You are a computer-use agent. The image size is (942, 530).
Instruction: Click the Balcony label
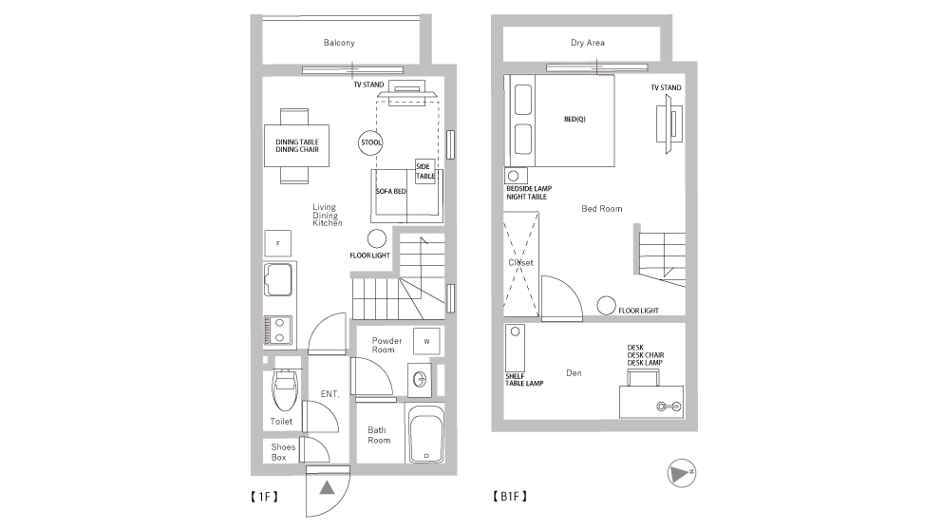click(x=339, y=43)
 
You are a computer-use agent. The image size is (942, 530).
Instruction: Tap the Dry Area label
click(x=588, y=43)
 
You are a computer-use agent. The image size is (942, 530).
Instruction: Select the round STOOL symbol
click(x=370, y=142)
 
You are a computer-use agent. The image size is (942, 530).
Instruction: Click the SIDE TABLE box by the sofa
click(x=424, y=171)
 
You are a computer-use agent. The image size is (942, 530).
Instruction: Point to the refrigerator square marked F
click(x=278, y=243)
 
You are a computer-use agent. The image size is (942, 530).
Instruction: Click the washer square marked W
click(x=426, y=341)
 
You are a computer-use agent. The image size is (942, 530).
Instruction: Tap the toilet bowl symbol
click(x=284, y=389)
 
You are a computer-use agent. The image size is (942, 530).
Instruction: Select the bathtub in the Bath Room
click(x=426, y=434)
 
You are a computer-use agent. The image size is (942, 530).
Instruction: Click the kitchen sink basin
click(x=279, y=279)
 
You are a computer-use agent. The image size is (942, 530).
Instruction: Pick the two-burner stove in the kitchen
click(x=278, y=331)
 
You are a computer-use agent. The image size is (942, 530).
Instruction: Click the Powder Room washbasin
click(x=420, y=379)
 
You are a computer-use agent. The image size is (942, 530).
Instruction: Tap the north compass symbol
click(x=681, y=474)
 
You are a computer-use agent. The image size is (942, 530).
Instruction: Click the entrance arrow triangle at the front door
click(x=327, y=487)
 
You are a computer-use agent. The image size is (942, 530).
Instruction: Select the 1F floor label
click(x=264, y=497)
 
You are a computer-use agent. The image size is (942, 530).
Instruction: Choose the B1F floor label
click(x=509, y=497)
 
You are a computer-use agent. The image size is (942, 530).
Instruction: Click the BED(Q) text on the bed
click(x=575, y=119)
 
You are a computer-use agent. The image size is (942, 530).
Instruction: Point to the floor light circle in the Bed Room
click(x=606, y=305)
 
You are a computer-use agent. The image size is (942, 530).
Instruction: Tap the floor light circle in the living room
click(x=377, y=238)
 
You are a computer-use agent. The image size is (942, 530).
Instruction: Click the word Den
click(x=574, y=373)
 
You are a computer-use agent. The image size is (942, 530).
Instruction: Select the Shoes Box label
click(x=283, y=452)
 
